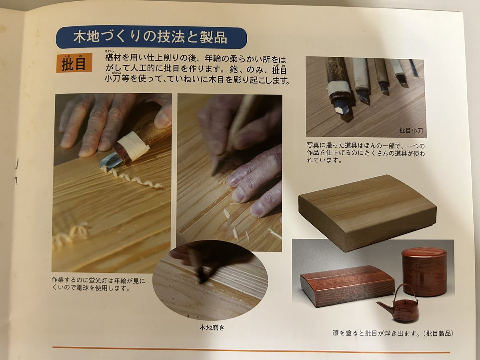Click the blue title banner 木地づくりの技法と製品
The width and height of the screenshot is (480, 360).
(x=151, y=38)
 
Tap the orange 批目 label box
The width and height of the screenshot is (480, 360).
(x=74, y=63)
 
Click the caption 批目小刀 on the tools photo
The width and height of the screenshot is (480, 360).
(x=411, y=130)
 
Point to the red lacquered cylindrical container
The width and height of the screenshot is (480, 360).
(x=424, y=271)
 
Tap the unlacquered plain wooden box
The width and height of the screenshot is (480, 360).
(x=367, y=212)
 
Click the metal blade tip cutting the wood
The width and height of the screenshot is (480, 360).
(x=109, y=160)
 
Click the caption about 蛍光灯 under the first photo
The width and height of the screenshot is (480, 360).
(x=98, y=284)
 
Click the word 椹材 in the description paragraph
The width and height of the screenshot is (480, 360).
(x=114, y=58)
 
